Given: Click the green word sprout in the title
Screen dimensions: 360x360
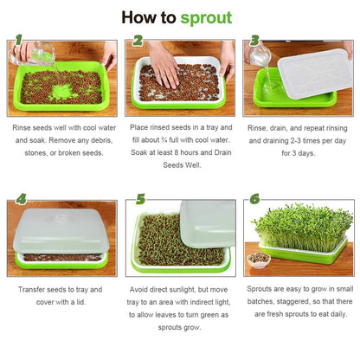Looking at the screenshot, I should pos(206,17).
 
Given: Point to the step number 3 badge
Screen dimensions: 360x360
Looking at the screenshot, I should pos(254,41).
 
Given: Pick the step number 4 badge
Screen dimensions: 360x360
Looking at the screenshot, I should pos(20,198).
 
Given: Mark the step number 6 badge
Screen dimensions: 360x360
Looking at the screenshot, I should pos(254,199).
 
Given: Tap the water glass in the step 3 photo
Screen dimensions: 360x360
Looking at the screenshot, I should pos(260,57).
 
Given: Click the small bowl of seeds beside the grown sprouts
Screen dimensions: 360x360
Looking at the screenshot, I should pos(258,258).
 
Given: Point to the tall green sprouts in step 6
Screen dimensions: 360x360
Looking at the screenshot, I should pos(302,228).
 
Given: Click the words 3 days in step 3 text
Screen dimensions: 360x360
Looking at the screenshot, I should pos(298,153).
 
